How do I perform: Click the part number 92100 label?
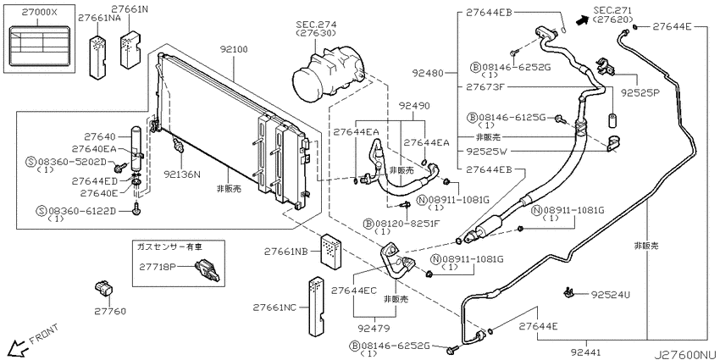233,50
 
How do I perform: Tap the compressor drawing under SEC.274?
329,75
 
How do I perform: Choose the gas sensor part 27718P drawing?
207,270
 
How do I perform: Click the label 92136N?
182,174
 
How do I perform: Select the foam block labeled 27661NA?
97,55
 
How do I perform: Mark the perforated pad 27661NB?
330,250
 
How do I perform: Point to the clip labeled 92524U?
568,291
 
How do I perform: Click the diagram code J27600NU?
686,354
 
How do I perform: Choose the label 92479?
374,328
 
